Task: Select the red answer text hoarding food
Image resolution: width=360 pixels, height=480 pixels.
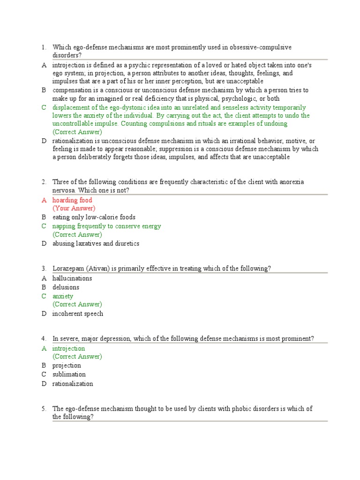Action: click(72, 200)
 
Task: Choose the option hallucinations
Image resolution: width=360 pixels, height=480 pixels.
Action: click(72, 278)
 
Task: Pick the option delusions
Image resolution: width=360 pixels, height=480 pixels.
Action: click(66, 287)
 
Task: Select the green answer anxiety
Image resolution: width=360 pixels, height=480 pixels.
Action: click(63, 296)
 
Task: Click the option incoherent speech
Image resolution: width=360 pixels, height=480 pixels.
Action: click(78, 314)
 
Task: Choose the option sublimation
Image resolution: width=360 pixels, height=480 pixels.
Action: click(69, 374)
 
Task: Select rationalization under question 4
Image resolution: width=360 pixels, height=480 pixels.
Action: click(73, 383)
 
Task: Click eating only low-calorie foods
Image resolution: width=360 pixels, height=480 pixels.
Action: click(94, 217)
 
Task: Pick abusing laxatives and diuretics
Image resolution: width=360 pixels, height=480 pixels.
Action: click(96, 243)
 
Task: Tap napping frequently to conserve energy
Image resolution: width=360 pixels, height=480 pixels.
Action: click(106, 226)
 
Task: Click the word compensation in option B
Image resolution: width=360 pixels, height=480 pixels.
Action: click(72, 90)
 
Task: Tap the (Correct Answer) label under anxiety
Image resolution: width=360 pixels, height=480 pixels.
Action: click(77, 304)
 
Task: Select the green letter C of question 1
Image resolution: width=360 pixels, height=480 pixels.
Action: click(44, 107)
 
